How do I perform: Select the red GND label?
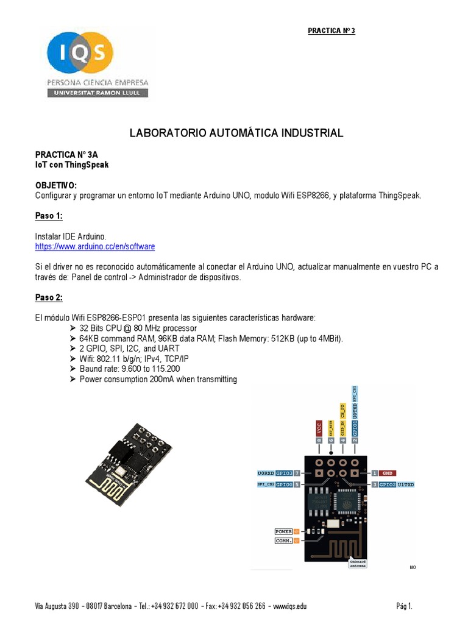(x=388, y=472)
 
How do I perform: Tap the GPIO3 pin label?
(x=284, y=473)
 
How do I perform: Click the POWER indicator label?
(x=283, y=531)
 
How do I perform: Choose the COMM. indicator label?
(x=283, y=540)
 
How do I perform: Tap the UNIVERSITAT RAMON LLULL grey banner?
(x=97, y=93)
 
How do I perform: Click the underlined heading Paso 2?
(x=49, y=297)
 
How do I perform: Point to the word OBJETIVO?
(x=56, y=185)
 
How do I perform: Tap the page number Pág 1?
(x=404, y=606)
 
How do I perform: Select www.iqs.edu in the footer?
(x=290, y=606)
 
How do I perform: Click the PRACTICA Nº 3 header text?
(x=331, y=30)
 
